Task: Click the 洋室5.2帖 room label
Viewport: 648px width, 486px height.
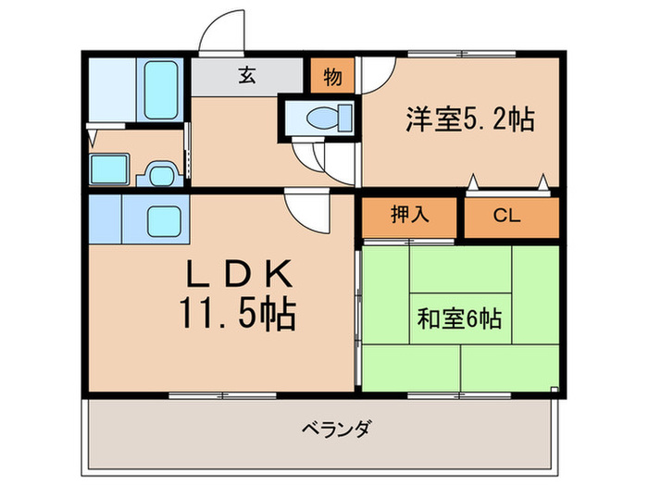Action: [468, 119]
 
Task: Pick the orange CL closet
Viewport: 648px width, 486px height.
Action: [510, 218]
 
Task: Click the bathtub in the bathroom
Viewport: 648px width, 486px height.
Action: [162, 90]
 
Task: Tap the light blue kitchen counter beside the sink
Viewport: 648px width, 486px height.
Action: [106, 219]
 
